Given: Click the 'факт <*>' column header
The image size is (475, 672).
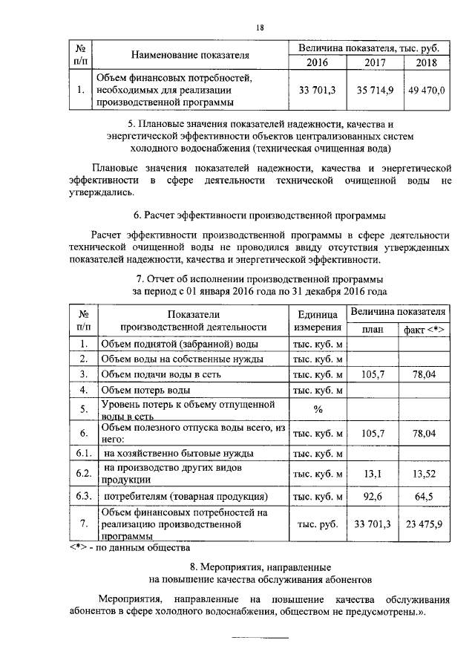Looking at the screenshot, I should click(x=424, y=329).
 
